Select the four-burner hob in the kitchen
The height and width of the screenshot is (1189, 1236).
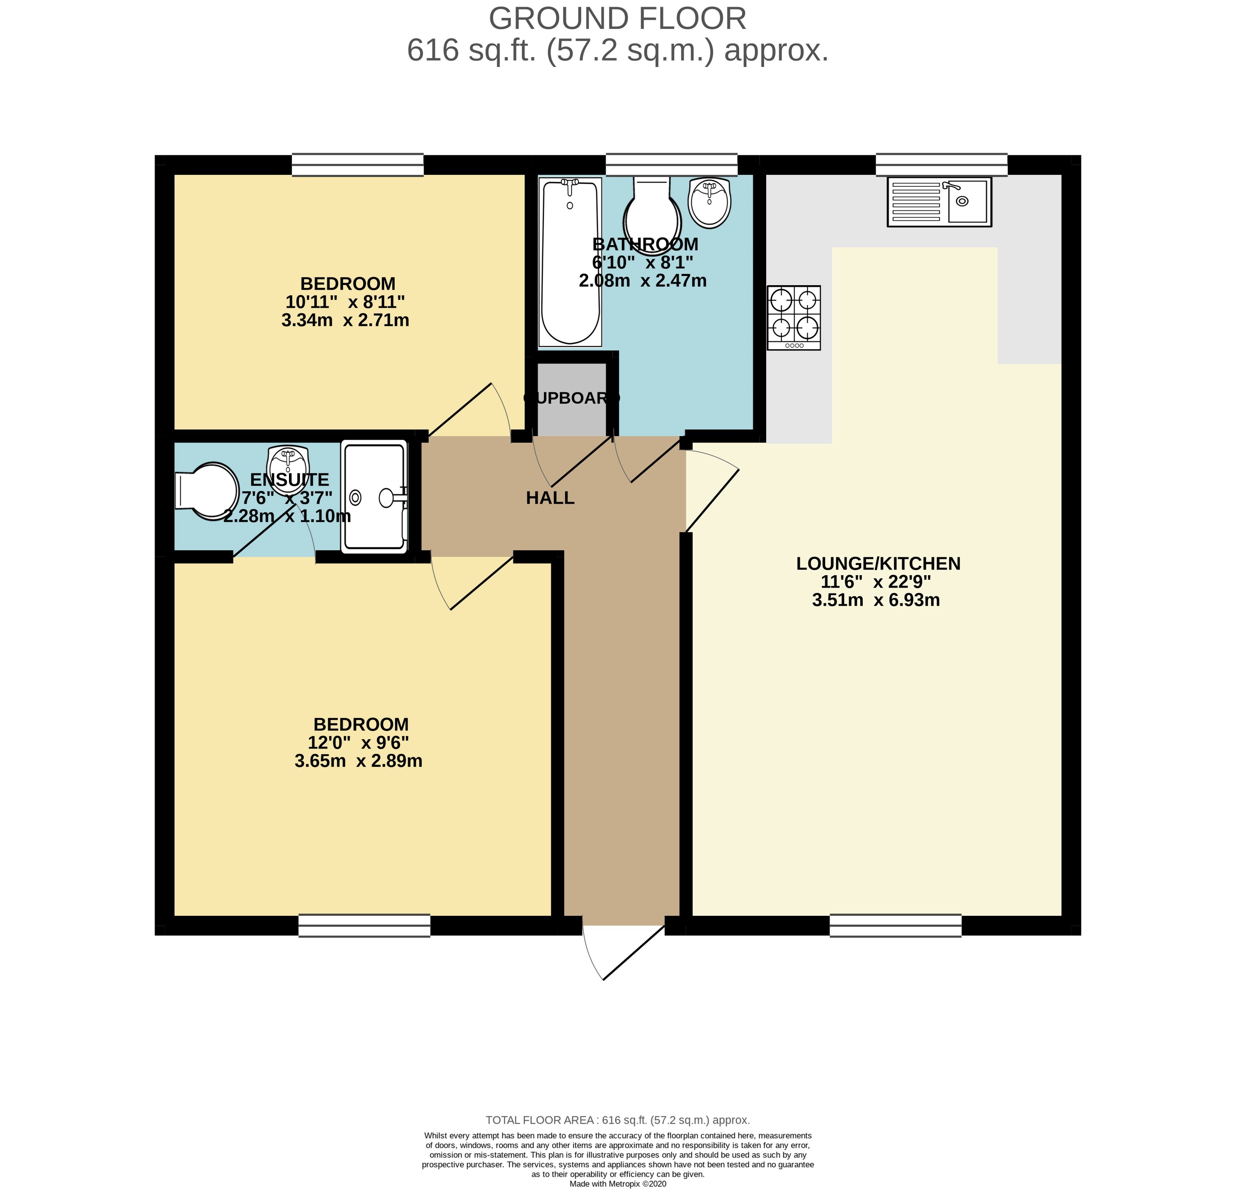(x=794, y=318)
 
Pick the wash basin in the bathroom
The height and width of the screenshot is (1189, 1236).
(x=710, y=202)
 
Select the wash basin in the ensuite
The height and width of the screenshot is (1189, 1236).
(x=288, y=466)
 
